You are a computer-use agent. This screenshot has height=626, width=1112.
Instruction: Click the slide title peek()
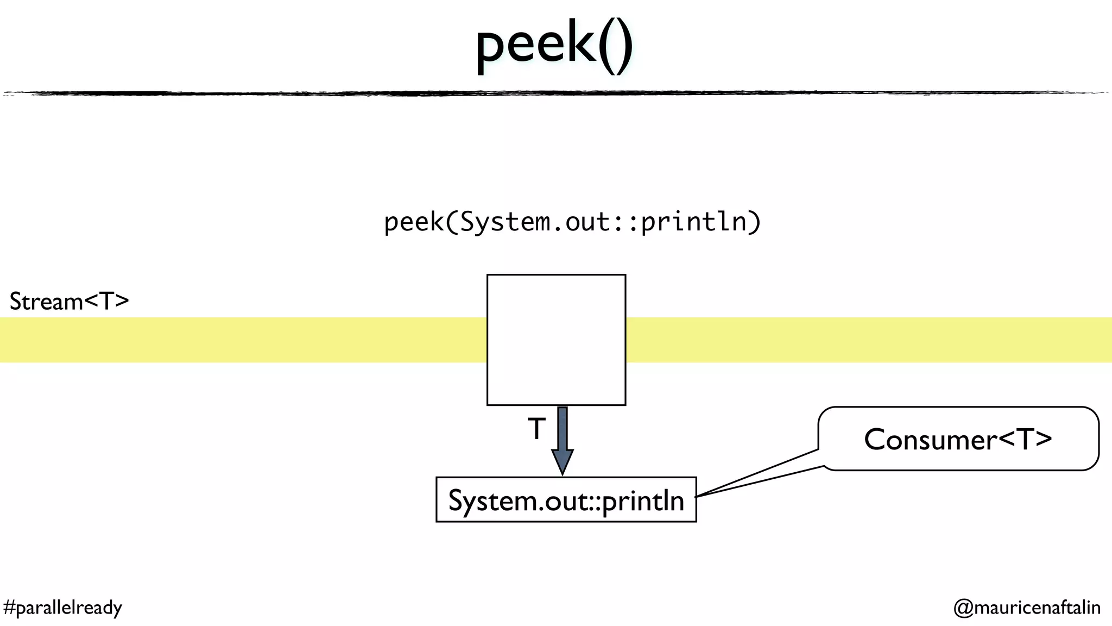coord(554,46)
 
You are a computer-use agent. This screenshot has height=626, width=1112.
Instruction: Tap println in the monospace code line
coord(693,222)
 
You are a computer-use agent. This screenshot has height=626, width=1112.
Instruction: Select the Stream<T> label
coord(69,302)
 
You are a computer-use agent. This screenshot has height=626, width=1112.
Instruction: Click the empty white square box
coord(556,340)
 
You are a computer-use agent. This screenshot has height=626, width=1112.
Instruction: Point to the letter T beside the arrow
coord(536,429)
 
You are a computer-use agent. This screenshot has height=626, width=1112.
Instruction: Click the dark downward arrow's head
coord(563,462)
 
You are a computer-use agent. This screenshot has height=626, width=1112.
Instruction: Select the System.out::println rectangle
coord(566,500)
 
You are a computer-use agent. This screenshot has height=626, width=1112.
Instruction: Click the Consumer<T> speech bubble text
coord(958,439)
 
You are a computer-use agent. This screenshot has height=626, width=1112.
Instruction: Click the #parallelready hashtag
coord(62,607)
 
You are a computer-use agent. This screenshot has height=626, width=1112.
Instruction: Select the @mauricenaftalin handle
coord(1027,607)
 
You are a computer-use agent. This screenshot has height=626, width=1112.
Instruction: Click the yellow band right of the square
coord(869,340)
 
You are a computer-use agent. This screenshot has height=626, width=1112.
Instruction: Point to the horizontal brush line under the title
coord(556,93)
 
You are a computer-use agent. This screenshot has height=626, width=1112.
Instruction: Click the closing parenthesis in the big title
coord(624,46)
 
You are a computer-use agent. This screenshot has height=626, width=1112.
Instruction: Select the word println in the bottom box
coord(643,501)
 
